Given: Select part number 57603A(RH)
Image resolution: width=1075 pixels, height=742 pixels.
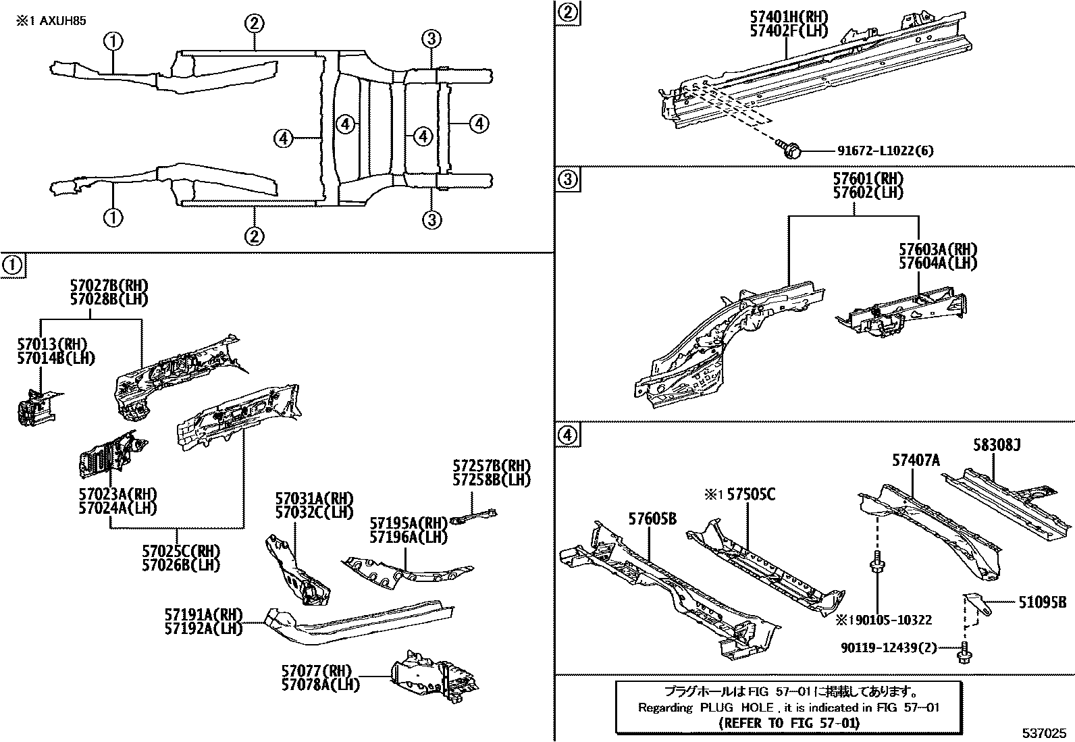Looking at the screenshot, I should click(x=937, y=250).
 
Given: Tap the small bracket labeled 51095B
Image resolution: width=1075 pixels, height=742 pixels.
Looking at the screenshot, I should click(x=976, y=600).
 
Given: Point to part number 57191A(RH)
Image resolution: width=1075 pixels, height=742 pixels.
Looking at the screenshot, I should click(x=203, y=614).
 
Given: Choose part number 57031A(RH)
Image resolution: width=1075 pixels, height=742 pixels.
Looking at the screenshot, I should click(x=313, y=499).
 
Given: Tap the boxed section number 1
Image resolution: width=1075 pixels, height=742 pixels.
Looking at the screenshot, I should click(x=13, y=265).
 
